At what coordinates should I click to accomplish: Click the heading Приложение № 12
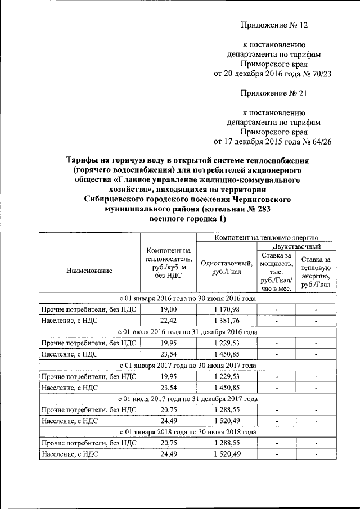(274, 25)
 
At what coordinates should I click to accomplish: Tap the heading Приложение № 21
(274, 93)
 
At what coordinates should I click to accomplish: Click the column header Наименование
(89, 270)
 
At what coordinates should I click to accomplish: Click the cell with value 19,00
(168, 310)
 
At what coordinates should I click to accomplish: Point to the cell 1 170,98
(227, 310)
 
